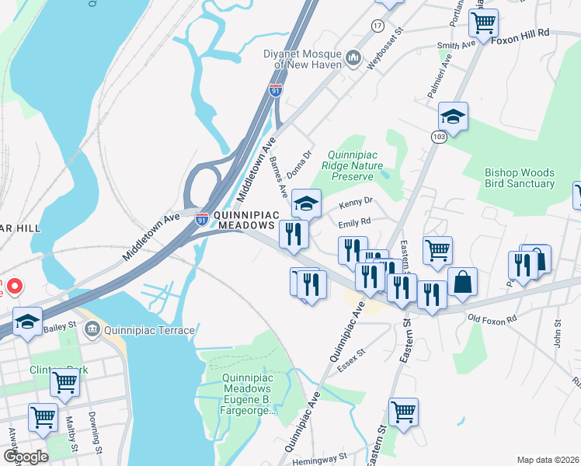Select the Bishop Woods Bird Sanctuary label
[520, 178]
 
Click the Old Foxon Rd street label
[492, 318]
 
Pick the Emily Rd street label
[353, 222]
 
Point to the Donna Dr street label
[299, 164]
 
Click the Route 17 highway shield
[377, 26]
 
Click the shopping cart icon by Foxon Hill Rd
[483, 23]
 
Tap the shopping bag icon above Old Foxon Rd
[462, 283]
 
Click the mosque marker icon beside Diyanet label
[353, 57]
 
